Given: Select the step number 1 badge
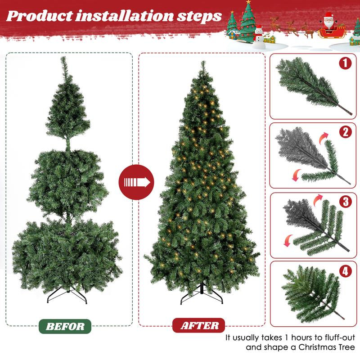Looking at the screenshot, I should point(345,63).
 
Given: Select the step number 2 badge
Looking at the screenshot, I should point(345,132).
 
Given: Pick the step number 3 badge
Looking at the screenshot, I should point(345,201).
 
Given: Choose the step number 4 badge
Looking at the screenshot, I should point(345,272).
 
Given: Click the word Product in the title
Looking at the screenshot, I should point(40,16).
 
